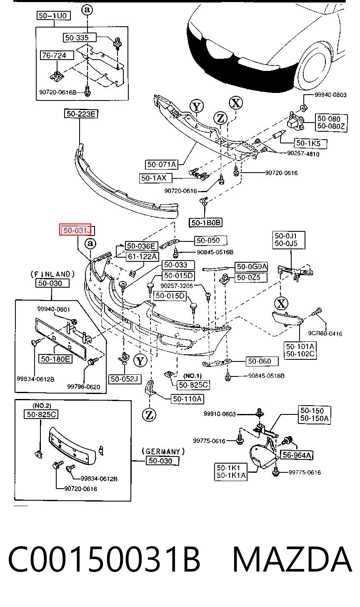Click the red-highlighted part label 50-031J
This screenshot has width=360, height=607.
[x=77, y=230]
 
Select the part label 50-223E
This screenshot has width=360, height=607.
[x=81, y=114]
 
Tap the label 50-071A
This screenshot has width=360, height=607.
[x=162, y=165]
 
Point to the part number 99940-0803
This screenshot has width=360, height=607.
[x=330, y=95]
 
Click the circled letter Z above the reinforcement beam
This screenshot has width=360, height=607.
[x=220, y=118]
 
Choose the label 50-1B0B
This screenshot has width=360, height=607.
[x=205, y=223]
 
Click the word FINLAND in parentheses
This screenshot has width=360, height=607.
[x=52, y=274]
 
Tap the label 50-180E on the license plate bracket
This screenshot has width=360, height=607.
[x=55, y=359]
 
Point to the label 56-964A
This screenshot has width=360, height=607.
[x=297, y=455]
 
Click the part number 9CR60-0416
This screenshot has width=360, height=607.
[x=325, y=334]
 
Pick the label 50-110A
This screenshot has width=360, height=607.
[x=187, y=399]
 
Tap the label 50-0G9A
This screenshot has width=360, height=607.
[x=251, y=267]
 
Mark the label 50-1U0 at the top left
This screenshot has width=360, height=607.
[x=53, y=16]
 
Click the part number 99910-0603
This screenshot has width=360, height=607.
[x=220, y=414]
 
